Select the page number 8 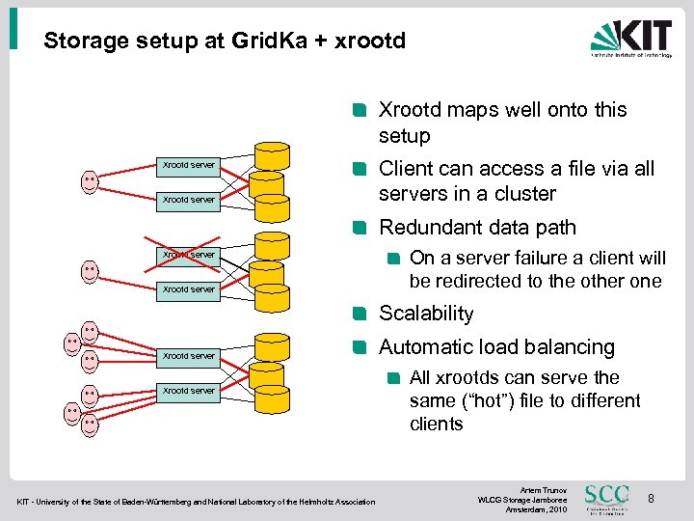652,498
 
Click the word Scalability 426,314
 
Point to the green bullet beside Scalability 360,314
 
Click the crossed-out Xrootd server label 189,255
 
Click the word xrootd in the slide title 371,41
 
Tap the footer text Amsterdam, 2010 524,509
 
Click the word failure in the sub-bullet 542,258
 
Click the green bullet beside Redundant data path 360,229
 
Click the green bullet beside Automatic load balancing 360,347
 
